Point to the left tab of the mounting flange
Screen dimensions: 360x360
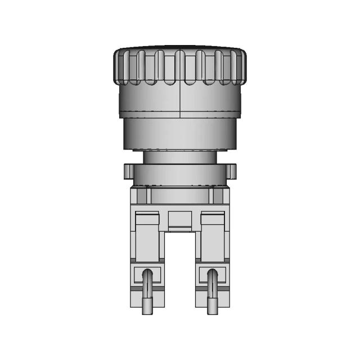128,170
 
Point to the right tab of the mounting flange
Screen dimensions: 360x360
232,170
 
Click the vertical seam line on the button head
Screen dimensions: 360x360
179,101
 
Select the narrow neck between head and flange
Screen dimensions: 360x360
180,157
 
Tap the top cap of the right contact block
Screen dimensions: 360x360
212,217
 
